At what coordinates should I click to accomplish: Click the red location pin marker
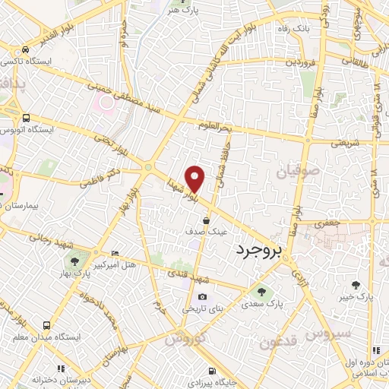pos(195,179)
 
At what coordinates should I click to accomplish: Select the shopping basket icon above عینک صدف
pos(206,220)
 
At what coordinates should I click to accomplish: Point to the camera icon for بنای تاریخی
pos(202,297)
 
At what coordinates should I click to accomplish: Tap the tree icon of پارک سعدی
pos(261,291)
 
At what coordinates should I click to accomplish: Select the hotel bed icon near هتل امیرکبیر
pos(115,253)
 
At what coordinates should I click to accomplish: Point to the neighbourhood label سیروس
pos(328,334)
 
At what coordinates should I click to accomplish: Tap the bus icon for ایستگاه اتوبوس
pos(27,119)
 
